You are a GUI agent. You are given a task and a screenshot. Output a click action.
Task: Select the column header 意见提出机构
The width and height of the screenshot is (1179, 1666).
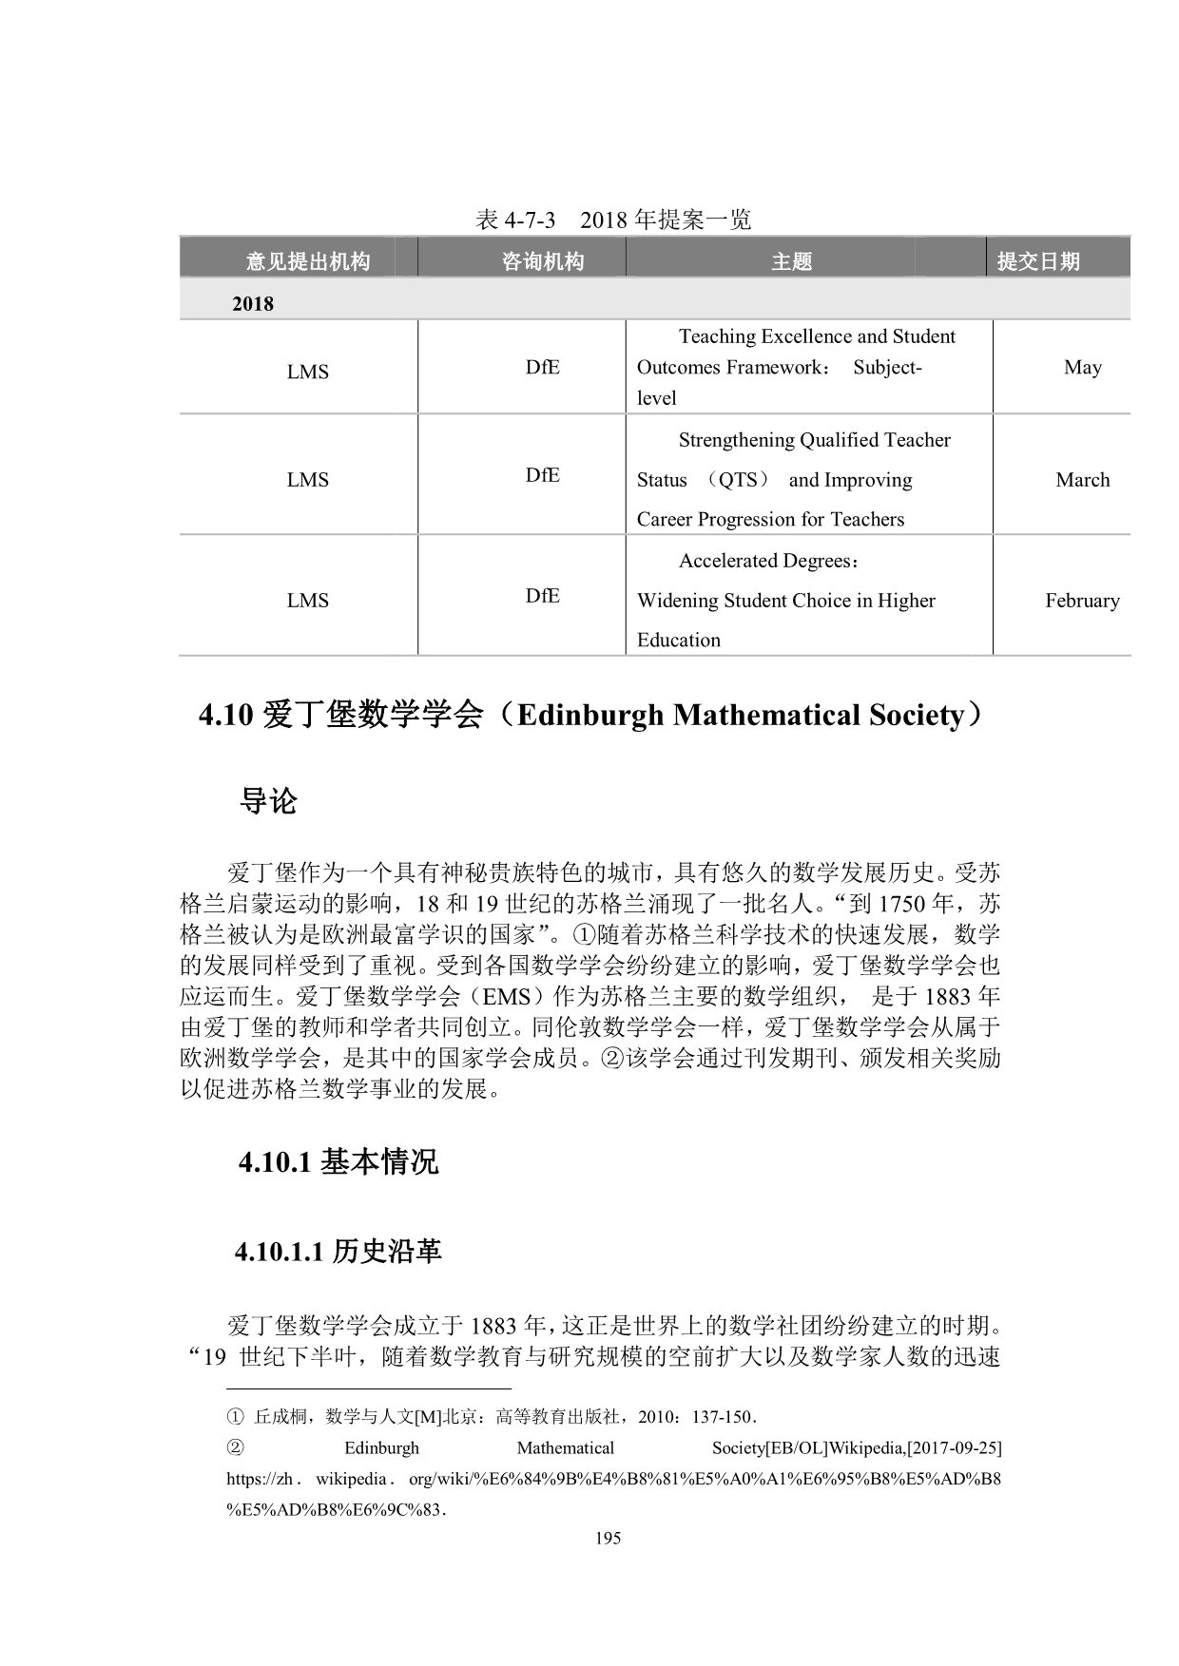tap(307, 261)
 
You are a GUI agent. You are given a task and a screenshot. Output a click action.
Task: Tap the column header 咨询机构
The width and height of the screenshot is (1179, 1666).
tap(542, 261)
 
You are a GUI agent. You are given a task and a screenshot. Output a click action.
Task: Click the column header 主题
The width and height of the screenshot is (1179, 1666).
tap(791, 261)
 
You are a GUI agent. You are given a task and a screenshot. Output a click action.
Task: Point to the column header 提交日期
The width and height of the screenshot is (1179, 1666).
tap(1038, 261)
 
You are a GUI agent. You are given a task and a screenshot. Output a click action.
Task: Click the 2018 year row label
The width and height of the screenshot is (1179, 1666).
tap(253, 304)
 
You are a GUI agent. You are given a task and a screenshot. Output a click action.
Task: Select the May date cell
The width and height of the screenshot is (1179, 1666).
tap(1082, 367)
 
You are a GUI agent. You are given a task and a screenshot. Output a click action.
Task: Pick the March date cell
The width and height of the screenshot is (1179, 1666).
tap(1082, 480)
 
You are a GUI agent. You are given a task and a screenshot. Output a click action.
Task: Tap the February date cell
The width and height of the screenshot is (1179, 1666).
tap(1082, 601)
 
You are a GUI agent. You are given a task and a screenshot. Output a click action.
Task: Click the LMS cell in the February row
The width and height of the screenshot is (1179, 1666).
tap(307, 601)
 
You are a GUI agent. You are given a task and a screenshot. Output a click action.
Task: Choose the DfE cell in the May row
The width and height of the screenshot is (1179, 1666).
tap(542, 367)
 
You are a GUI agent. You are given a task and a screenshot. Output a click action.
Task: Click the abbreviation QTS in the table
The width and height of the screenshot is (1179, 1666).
tap(737, 480)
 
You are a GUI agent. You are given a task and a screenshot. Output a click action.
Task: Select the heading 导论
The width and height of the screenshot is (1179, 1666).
tap(268, 801)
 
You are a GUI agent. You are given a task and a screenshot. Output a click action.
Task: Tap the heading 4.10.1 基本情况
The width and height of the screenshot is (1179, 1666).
tap(338, 1161)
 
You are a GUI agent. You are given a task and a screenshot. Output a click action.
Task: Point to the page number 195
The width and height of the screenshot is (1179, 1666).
tap(608, 1538)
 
